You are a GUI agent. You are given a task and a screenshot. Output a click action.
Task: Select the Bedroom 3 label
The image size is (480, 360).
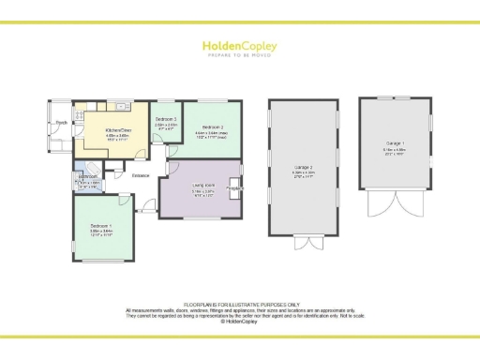[166, 119]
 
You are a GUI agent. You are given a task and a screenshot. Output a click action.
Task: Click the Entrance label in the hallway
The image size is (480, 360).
[141, 175]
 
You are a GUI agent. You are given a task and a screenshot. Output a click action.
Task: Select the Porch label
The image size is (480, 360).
[61, 122]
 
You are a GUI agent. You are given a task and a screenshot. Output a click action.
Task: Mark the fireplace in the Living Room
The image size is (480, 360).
[237, 189]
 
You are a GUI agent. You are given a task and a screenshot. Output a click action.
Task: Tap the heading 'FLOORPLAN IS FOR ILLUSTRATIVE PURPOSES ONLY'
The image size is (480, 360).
[240, 305]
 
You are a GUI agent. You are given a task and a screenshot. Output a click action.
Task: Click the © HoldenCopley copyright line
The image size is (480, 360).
[240, 322]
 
